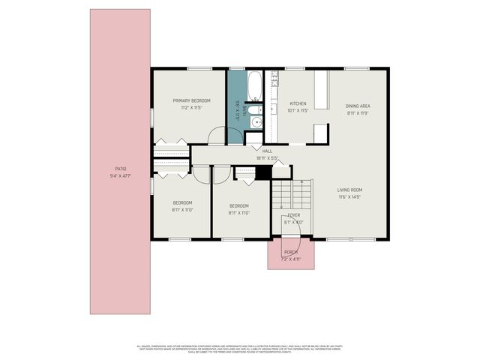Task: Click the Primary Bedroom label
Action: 191,100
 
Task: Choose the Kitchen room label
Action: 298,103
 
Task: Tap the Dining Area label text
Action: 358,106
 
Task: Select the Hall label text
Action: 267,151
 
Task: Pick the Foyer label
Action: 294,215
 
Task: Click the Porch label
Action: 291,252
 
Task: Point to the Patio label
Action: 120,169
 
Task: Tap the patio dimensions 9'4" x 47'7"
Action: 120,175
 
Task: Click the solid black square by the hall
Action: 262,172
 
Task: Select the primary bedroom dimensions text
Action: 191,108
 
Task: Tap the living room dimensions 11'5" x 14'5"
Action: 349,196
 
